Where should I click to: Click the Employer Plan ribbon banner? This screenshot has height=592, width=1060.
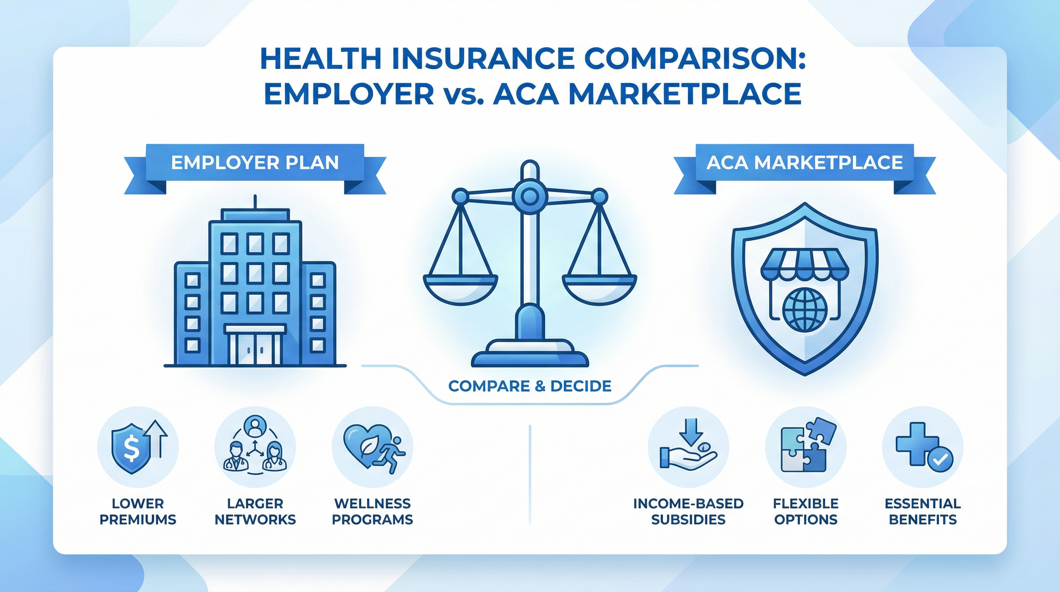tap(255, 163)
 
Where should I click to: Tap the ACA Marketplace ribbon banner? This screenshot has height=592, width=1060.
tap(805, 163)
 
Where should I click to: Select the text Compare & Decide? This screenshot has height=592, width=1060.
tap(530, 386)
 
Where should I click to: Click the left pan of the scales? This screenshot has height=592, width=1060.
tap(460, 286)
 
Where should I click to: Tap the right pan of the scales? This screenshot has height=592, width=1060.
tap(599, 286)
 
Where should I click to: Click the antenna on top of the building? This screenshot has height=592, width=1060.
tap(255, 202)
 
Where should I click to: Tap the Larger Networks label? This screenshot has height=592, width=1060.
tap(255, 511)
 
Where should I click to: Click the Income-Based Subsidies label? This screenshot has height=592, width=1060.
tap(688, 511)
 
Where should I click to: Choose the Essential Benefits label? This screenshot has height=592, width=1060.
tap(922, 511)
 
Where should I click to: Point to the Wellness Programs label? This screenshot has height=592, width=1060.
tap(372, 511)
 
